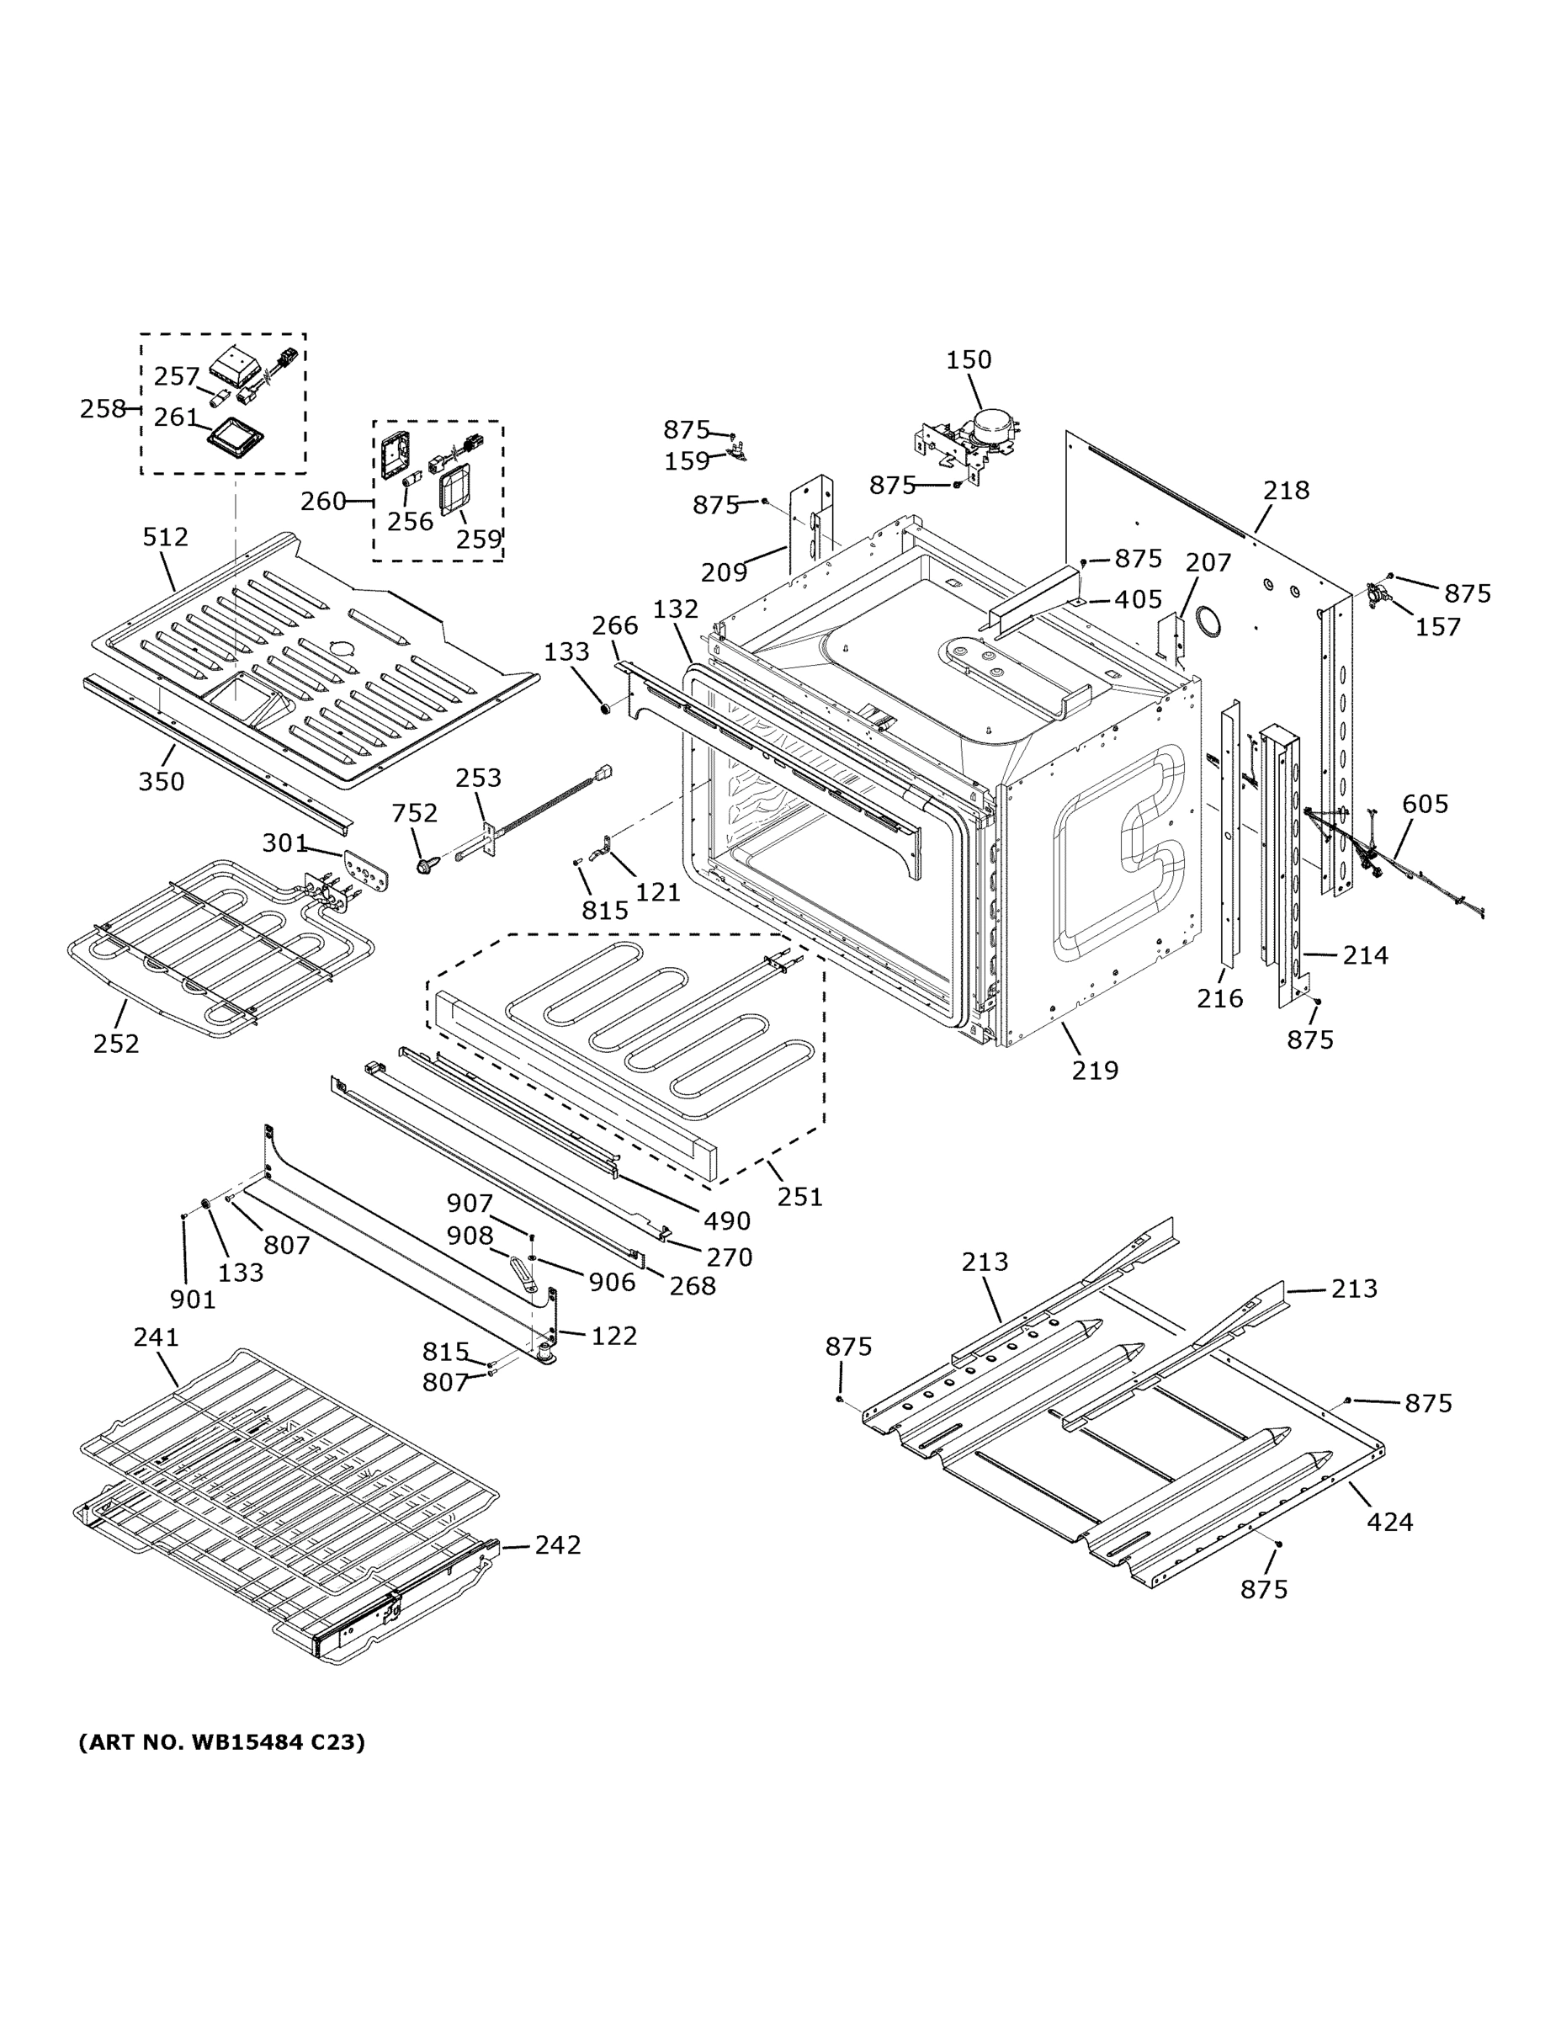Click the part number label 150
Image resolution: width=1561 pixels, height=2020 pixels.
969,359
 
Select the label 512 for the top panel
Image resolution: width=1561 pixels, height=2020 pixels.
166,536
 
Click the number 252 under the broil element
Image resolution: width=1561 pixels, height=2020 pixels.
115,1044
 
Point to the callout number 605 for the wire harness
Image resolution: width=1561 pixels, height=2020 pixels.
1424,804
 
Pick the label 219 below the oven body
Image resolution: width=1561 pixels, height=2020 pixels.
1095,1070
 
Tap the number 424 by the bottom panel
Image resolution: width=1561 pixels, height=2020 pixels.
1389,1522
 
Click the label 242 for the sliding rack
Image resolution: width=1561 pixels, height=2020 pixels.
558,1545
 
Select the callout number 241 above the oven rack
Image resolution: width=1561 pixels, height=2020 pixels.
157,1337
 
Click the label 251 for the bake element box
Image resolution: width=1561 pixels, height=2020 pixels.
799,1197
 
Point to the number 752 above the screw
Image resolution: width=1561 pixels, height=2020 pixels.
414,813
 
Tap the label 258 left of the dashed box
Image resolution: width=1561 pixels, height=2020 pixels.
103,408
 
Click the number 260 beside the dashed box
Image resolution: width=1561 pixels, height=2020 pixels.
323,502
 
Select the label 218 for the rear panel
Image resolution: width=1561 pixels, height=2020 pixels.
1286,490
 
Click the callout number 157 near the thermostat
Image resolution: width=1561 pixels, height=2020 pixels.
1438,627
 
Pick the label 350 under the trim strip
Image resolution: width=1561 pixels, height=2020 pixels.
162,782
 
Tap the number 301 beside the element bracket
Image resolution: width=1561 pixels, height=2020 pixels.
284,843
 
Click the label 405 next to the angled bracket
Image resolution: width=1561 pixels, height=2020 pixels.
1138,599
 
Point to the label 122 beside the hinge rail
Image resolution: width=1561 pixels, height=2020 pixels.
614,1336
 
